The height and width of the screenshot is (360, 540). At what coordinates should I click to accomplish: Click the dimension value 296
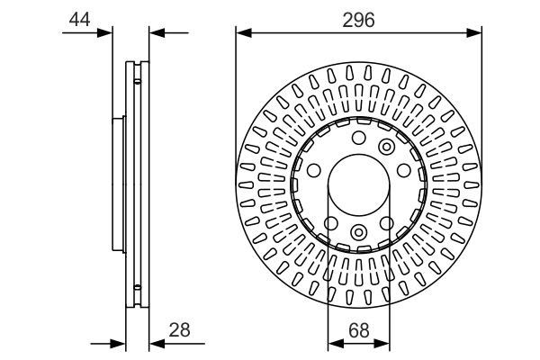click(357, 19)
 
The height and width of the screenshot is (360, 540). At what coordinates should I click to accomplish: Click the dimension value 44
click(79, 18)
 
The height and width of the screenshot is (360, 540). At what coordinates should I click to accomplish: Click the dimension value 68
click(357, 328)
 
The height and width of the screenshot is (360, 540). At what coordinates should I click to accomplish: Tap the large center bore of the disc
click(357, 184)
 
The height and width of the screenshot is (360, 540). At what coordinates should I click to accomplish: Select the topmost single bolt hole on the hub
click(357, 138)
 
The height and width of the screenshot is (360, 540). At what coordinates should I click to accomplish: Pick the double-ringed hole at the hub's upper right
click(387, 147)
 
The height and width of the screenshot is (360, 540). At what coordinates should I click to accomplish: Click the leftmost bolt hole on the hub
click(314, 170)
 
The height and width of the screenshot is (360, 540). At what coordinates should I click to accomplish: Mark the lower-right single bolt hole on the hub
click(388, 222)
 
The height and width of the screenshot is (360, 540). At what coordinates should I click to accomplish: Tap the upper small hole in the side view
click(136, 82)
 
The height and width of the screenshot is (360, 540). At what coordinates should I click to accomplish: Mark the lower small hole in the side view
click(136, 287)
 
